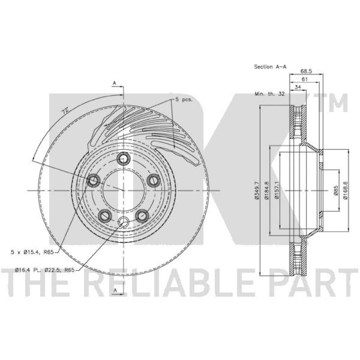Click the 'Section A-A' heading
[x=270, y=67]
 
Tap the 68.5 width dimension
[x=306, y=70]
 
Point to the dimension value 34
[x=298, y=87]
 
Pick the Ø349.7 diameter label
[x=256, y=190]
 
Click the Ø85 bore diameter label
[x=336, y=190]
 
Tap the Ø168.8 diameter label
[x=346, y=190]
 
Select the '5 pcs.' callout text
[x=184, y=99]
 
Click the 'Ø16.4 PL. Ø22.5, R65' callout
[x=44, y=270]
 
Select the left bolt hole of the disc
[x=94, y=181]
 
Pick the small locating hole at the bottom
[x=123, y=221]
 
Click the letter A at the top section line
[x=114, y=83]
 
